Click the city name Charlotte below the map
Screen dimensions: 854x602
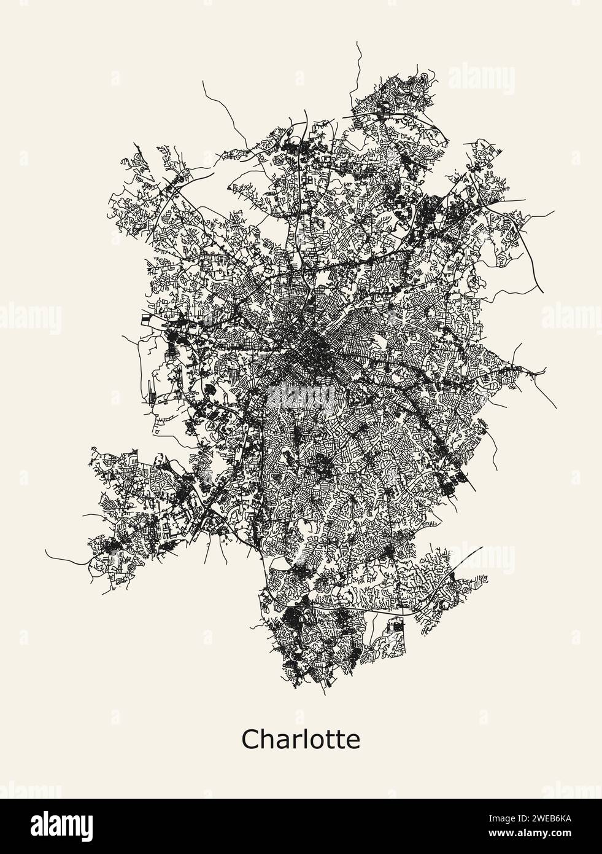(301, 739)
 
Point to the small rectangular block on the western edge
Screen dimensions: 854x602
(145, 318)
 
